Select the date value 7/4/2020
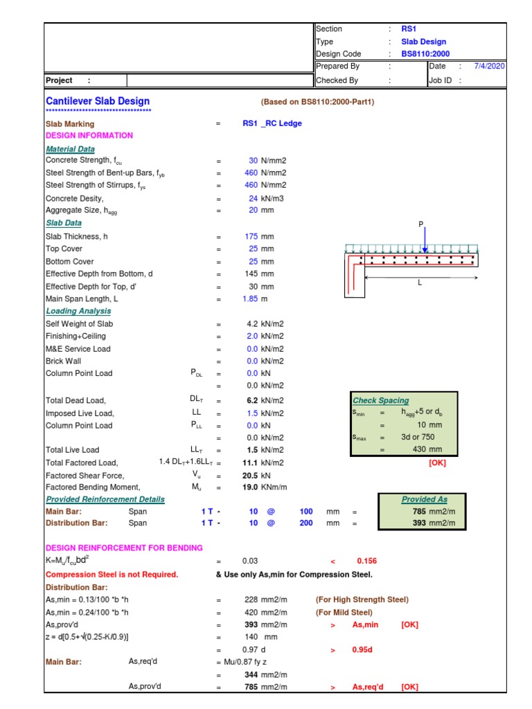click(x=489, y=66)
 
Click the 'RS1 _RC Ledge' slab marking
click(x=272, y=123)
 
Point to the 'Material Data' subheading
click(x=70, y=149)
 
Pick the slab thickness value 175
click(x=251, y=236)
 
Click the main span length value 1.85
click(x=250, y=298)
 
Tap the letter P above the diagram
click(x=420, y=224)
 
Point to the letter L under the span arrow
click(x=420, y=283)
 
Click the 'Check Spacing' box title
click(x=381, y=400)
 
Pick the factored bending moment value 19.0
click(x=249, y=487)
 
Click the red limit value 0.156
click(x=366, y=561)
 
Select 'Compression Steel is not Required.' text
click(x=112, y=574)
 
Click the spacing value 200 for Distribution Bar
click(x=306, y=523)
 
